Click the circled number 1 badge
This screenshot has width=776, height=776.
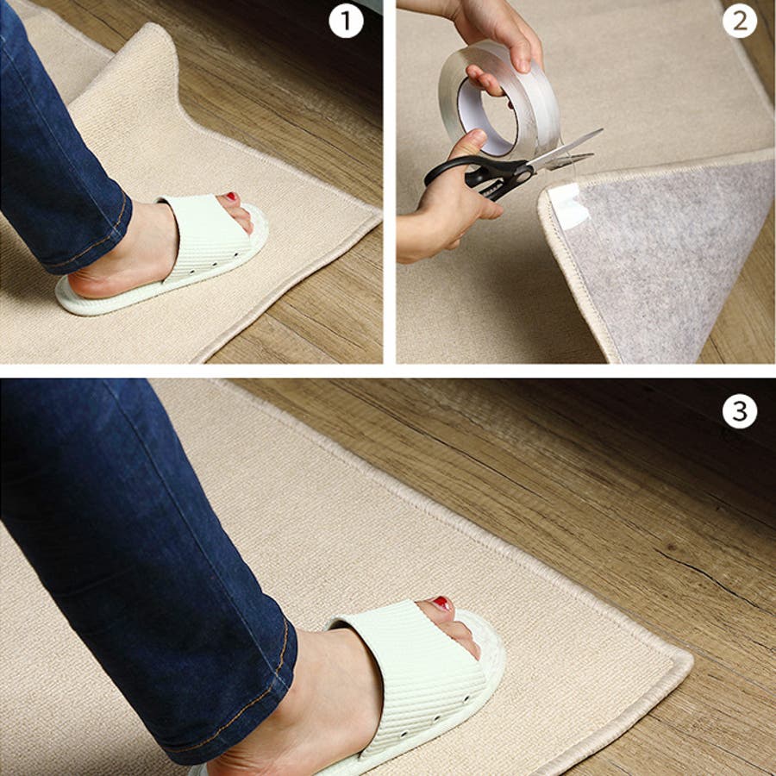coord(346,21)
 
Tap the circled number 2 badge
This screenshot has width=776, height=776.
coord(740,21)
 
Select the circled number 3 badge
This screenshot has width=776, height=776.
coord(740,410)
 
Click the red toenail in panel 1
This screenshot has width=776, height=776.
coord(230,197)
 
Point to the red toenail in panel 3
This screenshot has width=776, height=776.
coord(441,604)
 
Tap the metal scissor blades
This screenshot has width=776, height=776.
coord(564,151)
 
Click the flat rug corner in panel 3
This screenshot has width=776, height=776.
coord(680,660)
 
